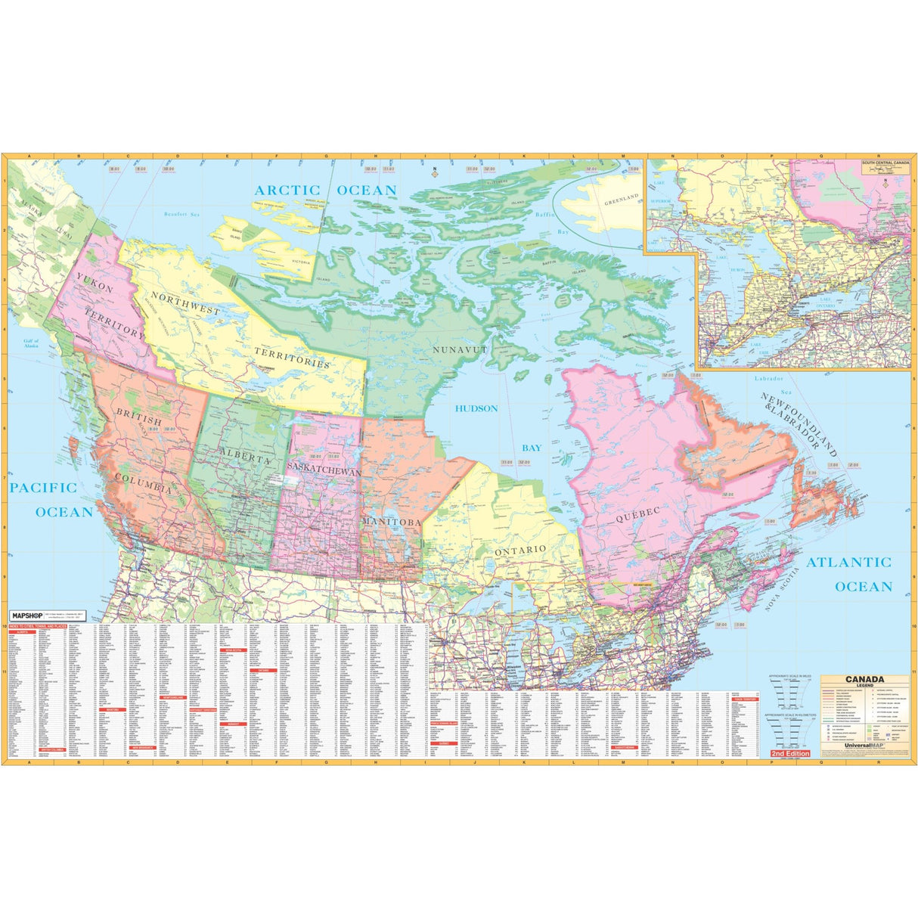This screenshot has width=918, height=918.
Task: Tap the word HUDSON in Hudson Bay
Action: tap(476, 408)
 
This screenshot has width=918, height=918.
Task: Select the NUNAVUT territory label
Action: tap(460, 350)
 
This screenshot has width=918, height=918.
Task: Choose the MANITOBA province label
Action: tap(391, 523)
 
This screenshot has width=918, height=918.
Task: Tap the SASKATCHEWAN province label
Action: tap(324, 470)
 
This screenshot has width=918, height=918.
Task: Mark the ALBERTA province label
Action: tap(245, 458)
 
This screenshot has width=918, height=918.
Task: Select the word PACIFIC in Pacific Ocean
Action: tap(43, 488)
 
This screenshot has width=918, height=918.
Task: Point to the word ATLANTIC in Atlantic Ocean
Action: tap(848, 562)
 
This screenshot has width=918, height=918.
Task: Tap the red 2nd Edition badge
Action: tap(790, 754)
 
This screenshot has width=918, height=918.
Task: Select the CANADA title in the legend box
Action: tap(864, 680)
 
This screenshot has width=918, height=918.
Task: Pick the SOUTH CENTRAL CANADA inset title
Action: tap(886, 162)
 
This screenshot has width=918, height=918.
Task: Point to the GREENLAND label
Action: tap(622, 200)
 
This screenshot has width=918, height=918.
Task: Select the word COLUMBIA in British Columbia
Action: tap(144, 485)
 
